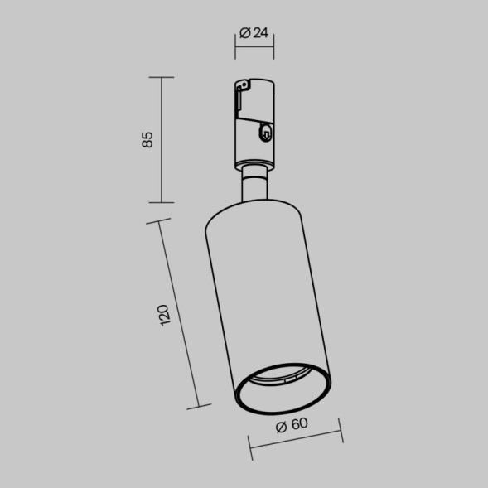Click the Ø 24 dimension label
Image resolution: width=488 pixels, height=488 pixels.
(x=255, y=33)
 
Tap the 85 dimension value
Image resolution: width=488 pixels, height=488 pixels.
(x=147, y=139)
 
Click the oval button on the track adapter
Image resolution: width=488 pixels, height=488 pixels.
(x=265, y=130)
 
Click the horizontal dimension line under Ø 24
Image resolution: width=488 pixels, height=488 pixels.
(x=255, y=47)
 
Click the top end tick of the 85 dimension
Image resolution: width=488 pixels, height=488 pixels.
(x=161, y=77)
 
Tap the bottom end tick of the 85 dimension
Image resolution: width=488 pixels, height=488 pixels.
(x=161, y=202)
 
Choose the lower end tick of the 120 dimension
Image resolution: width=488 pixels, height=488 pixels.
(x=198, y=406)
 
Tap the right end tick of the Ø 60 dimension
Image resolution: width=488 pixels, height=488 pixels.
(x=341, y=432)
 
